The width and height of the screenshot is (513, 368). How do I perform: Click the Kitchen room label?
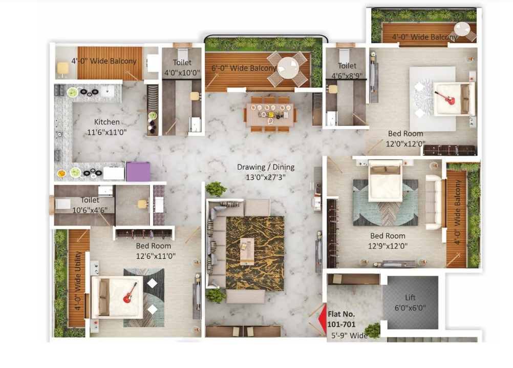106,122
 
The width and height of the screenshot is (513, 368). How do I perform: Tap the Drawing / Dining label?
266,167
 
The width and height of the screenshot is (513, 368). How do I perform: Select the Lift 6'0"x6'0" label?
410,302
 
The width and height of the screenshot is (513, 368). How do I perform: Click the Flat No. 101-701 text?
341,319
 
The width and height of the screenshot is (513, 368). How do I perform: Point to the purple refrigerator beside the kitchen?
138,171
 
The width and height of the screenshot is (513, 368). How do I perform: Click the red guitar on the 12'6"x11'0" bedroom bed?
130,293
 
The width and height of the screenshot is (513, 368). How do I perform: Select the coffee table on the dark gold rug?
247,251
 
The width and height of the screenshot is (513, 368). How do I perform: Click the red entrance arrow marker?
323,319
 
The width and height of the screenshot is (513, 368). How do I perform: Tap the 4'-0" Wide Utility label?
77,280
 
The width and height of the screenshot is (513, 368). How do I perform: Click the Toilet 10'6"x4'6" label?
90,205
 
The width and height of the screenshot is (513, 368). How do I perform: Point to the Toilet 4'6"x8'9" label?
347,71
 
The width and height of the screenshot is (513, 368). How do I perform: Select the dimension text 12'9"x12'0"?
388,246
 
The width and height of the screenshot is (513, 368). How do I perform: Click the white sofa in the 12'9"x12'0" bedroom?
434,202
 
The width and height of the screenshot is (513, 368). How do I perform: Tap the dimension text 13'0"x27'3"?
266,177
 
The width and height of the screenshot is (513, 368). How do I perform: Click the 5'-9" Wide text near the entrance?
349,336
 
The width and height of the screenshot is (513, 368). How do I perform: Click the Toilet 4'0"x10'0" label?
182,68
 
